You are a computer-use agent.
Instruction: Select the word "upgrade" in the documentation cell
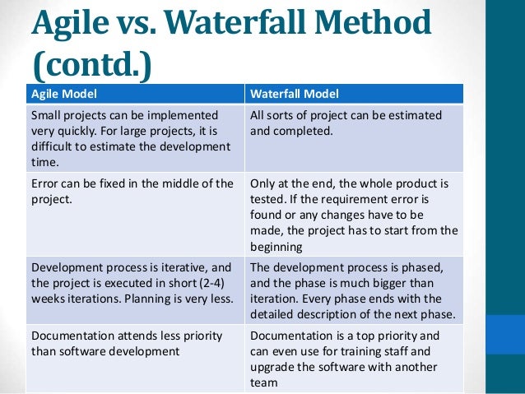[272, 366]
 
